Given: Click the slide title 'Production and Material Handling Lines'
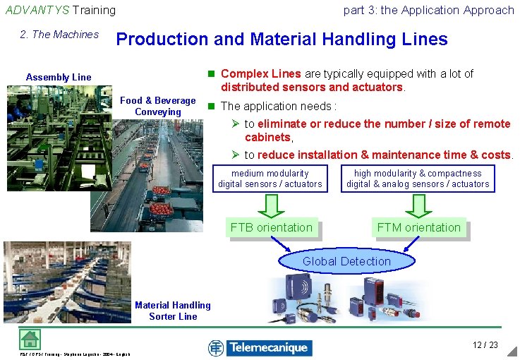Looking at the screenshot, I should click(282, 40).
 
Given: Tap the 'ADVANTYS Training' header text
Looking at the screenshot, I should click(61, 10).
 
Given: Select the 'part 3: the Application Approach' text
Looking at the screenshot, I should click(428, 10).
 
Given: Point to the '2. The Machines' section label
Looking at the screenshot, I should click(60, 35).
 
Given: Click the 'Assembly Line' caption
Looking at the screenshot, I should click(59, 77).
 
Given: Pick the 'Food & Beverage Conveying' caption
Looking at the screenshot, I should click(158, 107).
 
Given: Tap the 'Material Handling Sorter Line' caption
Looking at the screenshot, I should click(173, 311).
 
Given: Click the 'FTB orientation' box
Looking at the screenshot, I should click(271, 227).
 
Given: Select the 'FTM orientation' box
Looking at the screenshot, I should click(418, 227).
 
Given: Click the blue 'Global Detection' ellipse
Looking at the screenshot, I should click(346, 261).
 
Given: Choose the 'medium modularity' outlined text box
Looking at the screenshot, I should click(270, 179).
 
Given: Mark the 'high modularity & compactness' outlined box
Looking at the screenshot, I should click(418, 179).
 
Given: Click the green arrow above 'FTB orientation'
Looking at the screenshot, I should click(271, 205).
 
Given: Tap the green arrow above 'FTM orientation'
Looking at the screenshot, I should click(418, 205).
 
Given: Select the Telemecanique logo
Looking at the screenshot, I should click(260, 347).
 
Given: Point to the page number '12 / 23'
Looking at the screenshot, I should click(485, 344).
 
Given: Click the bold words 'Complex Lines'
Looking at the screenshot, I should click(261, 73).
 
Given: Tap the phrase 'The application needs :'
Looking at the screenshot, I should click(278, 106).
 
